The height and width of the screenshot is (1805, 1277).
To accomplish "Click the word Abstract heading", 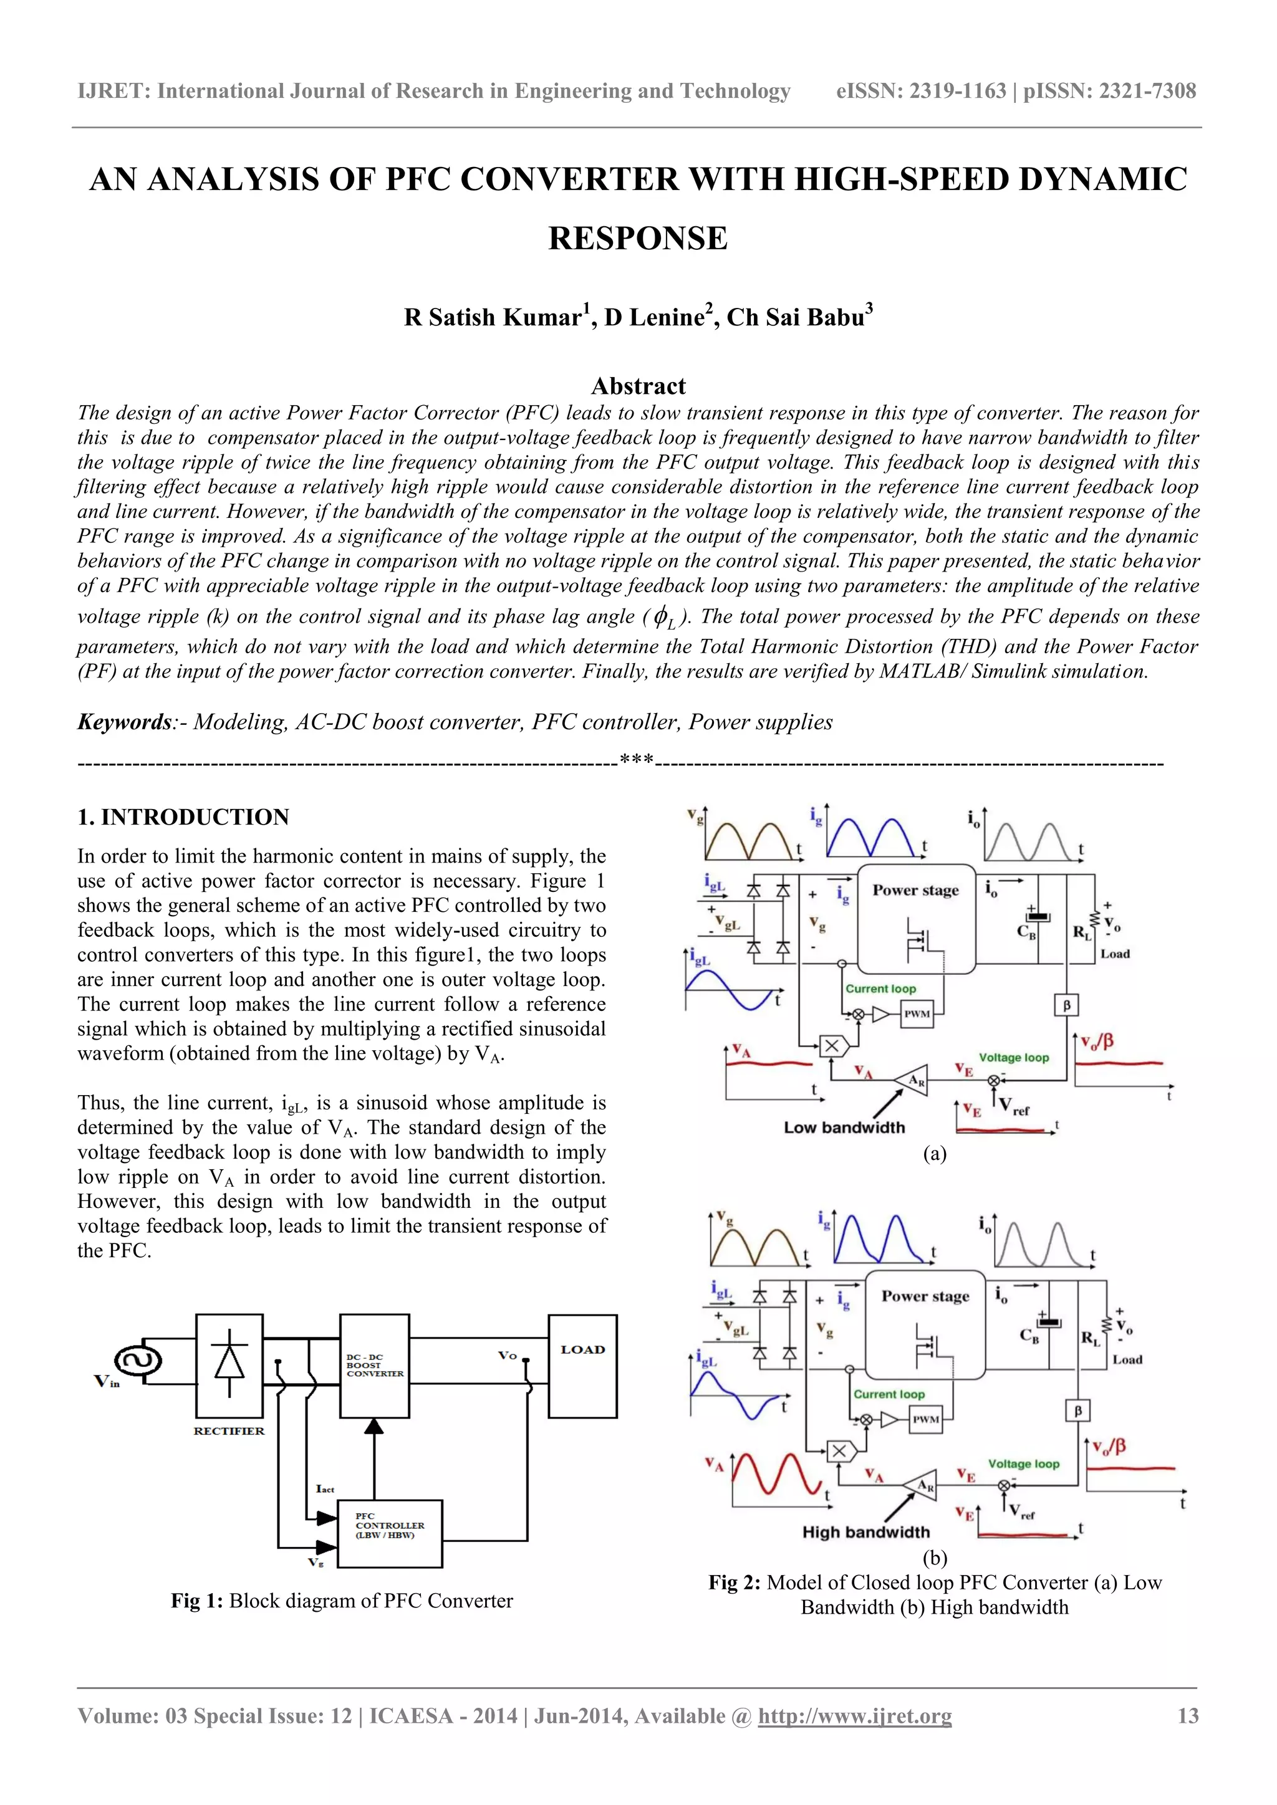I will (638, 386).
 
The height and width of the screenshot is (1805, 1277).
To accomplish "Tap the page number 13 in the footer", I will (1187, 1715).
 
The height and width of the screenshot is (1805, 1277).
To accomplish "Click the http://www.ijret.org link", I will (854, 1715).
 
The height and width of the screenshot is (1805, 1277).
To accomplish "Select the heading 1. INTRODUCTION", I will (183, 817).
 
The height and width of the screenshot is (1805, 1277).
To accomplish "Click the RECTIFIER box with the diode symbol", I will (229, 1365).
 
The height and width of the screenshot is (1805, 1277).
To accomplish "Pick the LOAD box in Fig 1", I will (582, 1366).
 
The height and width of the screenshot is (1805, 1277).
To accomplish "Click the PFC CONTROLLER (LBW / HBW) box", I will (389, 1534).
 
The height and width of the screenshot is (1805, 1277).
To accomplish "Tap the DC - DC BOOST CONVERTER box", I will (374, 1366).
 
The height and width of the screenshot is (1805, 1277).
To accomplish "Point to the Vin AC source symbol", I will (138, 1361).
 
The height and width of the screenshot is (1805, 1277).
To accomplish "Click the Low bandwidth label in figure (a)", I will (844, 1128).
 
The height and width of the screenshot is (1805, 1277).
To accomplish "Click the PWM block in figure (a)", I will (916, 1013).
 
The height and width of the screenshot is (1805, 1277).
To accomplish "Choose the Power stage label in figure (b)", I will (925, 1296).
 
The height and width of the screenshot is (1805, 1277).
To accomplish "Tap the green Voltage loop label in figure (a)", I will (1014, 1057).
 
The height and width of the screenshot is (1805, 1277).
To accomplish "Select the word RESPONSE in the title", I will (638, 238).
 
